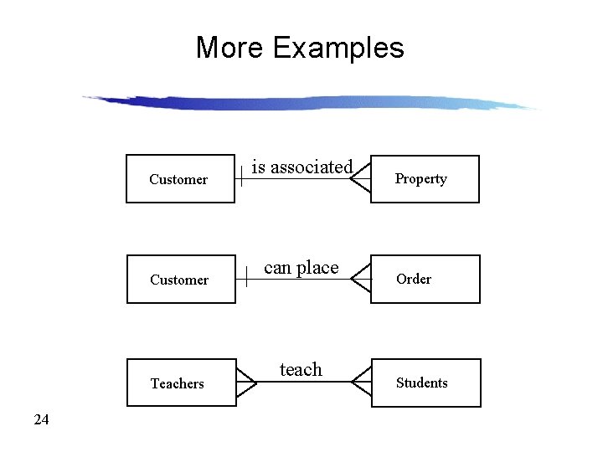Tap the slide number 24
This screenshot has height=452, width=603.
click(41, 419)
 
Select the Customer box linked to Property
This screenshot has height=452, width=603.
click(179, 179)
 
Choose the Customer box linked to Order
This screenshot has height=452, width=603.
click(180, 280)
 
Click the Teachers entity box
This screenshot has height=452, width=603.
click(181, 383)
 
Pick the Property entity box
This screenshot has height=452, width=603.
click(425, 179)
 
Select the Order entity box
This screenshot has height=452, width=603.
click(425, 280)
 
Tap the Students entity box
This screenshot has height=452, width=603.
click(426, 383)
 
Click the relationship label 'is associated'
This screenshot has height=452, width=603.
click(302, 167)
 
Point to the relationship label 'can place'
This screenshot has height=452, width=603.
click(301, 268)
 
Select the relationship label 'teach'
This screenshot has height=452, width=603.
click(301, 369)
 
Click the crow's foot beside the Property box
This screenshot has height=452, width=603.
click(361, 179)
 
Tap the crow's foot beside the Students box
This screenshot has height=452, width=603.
click(362, 383)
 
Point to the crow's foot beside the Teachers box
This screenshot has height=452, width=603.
click(246, 383)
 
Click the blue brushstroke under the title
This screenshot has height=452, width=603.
click(310, 103)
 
